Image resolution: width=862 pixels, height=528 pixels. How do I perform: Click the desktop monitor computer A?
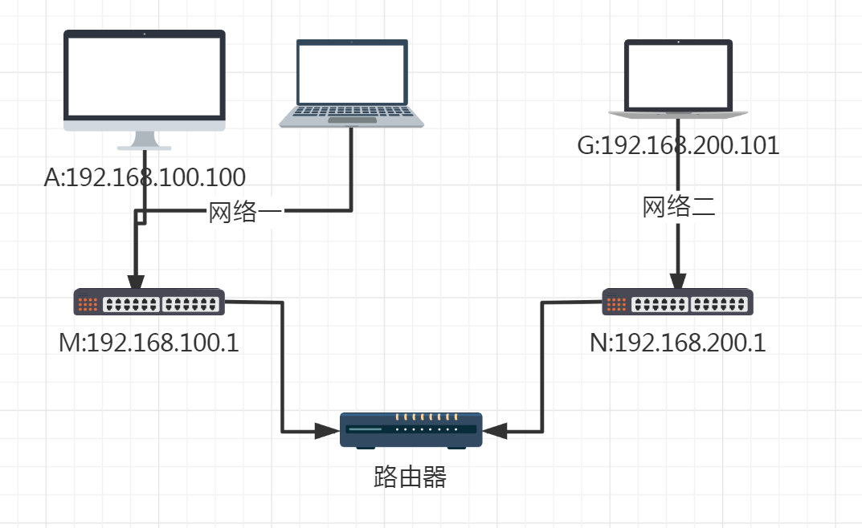click(145, 80)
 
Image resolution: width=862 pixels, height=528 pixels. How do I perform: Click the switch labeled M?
click(149, 303)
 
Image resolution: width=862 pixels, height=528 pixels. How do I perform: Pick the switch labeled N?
click(679, 303)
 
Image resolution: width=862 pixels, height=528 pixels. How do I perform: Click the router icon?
click(411, 430)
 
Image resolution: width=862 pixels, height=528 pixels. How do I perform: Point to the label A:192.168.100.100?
click(145, 177)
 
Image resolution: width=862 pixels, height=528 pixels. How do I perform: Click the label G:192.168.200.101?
click(679, 146)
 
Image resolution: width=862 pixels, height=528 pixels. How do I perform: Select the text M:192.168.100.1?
click(149, 343)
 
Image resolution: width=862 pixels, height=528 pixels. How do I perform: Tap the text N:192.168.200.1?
click(678, 343)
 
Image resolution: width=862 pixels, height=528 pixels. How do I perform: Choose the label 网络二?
click(679, 207)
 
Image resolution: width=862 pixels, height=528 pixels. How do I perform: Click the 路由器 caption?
click(411, 477)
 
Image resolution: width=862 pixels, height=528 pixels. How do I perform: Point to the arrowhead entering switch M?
click(136, 281)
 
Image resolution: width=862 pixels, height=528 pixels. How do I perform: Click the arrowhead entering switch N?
click(679, 281)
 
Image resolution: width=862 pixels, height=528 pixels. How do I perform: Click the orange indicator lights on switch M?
click(88, 304)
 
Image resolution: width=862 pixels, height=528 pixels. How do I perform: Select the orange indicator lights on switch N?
click(617, 304)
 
